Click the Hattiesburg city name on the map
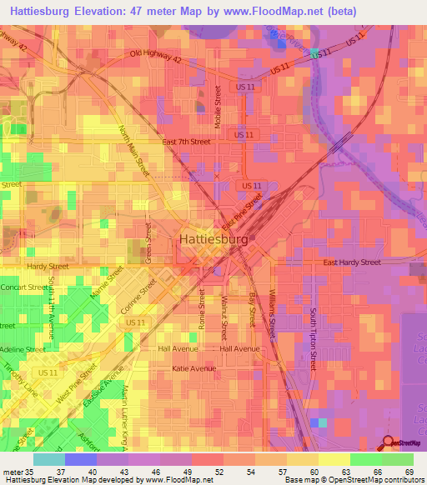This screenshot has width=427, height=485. [x=213, y=239]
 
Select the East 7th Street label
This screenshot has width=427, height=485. [x=186, y=142]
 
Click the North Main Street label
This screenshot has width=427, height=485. [x=133, y=150]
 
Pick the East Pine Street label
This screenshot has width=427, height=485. [x=243, y=213]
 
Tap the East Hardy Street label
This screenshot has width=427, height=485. [x=352, y=262]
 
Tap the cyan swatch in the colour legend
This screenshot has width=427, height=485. [x=49, y=459]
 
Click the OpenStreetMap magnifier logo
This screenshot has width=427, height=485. [x=388, y=443]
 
